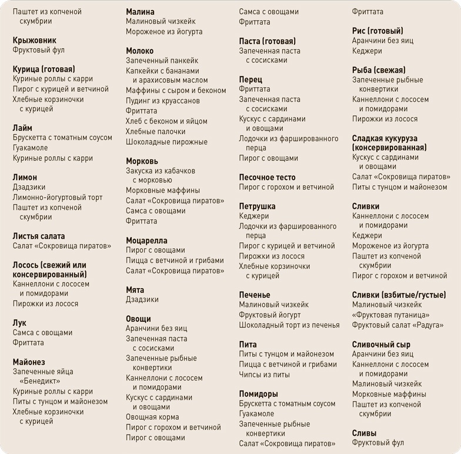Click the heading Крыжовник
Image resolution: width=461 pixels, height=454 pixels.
click(x=35, y=41)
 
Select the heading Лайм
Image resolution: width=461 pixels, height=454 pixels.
click(x=22, y=128)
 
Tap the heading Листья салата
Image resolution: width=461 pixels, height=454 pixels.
click(x=39, y=236)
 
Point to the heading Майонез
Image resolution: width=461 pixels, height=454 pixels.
click(x=29, y=362)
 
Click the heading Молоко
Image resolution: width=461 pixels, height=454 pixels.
click(x=140, y=51)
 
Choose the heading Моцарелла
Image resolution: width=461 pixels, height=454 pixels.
click(x=146, y=241)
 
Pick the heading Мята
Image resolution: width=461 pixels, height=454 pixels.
click(x=135, y=290)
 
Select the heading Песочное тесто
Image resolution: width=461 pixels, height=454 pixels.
click(x=267, y=178)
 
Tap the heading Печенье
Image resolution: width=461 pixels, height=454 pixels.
click(x=255, y=295)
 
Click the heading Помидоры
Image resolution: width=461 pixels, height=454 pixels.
click(x=258, y=394)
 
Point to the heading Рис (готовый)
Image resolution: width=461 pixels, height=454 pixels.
click(x=378, y=31)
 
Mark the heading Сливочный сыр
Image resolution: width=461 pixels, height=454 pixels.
click(x=381, y=345)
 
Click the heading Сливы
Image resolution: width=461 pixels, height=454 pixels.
click(x=364, y=433)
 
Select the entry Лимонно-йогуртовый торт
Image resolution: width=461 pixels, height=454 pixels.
click(x=58, y=197)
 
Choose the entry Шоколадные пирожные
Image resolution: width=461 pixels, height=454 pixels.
click(x=166, y=142)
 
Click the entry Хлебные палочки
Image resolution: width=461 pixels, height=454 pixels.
click(x=156, y=132)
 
